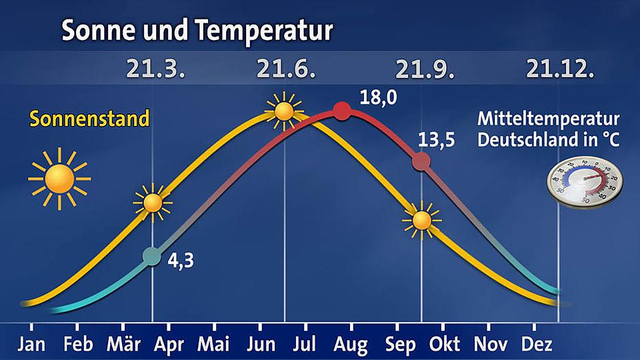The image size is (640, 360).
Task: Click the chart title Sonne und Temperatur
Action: [x=197, y=30]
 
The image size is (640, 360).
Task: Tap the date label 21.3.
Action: [x=152, y=69]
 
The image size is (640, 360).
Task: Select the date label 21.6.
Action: [x=285, y=69]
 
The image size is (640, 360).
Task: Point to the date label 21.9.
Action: [x=421, y=69]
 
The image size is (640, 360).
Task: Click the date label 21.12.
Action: [x=559, y=69]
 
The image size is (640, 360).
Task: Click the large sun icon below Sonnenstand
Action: [x=59, y=179]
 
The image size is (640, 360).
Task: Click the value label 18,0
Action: [x=377, y=98]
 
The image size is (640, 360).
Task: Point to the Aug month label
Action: [x=351, y=344]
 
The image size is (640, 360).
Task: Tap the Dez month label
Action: [x=535, y=344]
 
